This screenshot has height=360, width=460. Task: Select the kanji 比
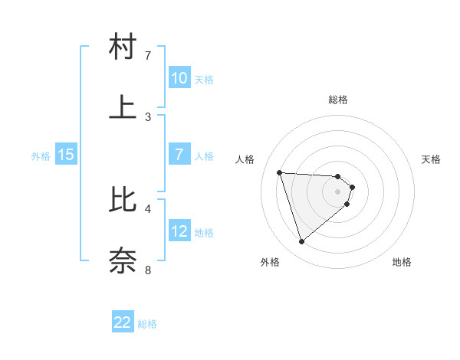(123, 199)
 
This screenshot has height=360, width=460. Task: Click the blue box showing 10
(179, 78)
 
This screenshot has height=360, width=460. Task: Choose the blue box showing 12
(179, 231)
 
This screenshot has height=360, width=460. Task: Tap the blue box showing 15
(66, 155)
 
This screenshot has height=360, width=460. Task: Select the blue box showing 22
(123, 322)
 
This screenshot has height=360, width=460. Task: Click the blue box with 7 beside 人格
(179, 155)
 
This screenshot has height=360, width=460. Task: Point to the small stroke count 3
(148, 116)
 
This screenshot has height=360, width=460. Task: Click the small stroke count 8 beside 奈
(148, 270)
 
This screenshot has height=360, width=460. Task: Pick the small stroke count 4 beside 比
(148, 208)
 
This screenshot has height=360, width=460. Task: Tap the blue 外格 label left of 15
(41, 155)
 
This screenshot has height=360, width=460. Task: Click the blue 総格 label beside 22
(147, 324)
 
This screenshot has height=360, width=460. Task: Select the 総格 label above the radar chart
(337, 100)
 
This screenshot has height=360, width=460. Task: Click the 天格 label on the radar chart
(431, 159)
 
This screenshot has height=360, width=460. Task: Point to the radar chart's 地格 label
(402, 263)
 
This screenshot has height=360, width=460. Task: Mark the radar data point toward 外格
(302, 242)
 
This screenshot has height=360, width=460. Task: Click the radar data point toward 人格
(280, 172)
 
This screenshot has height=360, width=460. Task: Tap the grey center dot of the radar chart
(338, 202)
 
